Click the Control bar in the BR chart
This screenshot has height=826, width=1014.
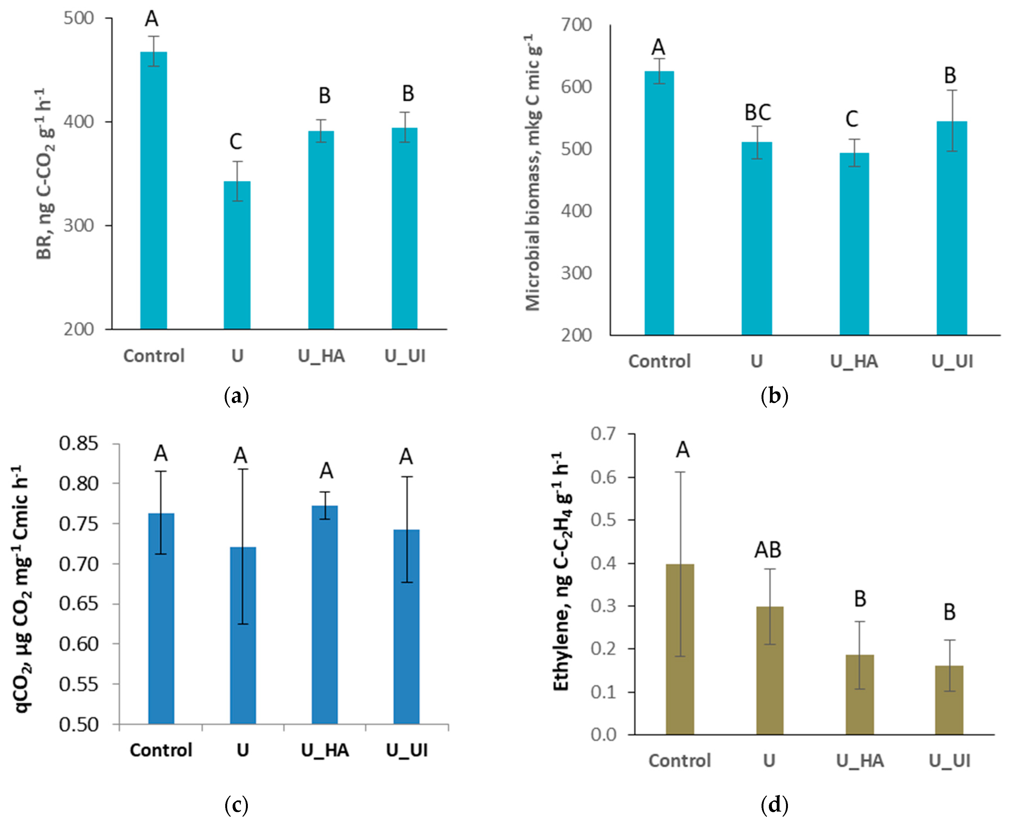click(x=153, y=190)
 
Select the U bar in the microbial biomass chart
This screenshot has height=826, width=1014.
click(x=757, y=238)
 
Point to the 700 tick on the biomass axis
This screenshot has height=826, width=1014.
click(x=576, y=25)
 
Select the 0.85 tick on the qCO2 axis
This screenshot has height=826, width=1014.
click(x=78, y=443)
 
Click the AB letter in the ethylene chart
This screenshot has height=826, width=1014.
click(x=768, y=550)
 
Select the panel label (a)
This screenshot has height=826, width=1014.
click(x=236, y=396)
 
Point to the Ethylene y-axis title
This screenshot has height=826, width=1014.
click(x=562, y=571)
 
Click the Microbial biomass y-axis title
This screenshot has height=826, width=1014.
click(x=533, y=172)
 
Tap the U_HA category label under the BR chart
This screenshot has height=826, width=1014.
click(x=321, y=356)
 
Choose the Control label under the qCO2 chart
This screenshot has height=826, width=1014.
click(x=161, y=750)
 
